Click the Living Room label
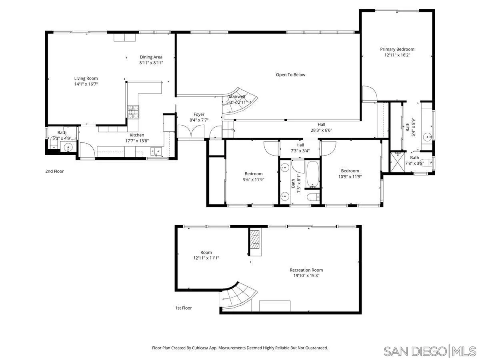tap(86, 78)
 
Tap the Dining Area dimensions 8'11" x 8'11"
tap(151, 63)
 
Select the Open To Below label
tap(290, 75)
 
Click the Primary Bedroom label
tap(397, 49)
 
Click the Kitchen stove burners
tap(134, 111)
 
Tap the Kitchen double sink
tap(156, 151)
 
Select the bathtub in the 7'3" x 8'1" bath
tap(312, 174)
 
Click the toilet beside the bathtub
tap(313, 196)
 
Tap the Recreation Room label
tap(306, 270)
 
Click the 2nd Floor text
tap(54, 171)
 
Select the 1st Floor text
tap(184, 308)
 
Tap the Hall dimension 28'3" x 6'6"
tap(321, 130)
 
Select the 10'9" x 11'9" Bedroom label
tap(350, 171)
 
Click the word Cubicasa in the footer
tap(204, 348)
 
